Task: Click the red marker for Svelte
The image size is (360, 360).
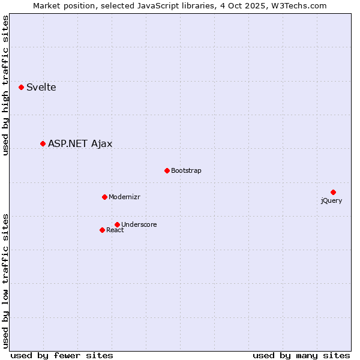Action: click(22, 87)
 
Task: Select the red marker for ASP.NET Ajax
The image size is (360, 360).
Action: click(43, 143)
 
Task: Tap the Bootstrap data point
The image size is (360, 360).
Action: click(167, 170)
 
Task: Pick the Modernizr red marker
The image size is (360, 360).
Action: click(104, 197)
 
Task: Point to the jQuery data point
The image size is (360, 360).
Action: click(333, 192)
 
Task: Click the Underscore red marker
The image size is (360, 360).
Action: click(117, 224)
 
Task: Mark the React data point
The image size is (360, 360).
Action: click(102, 230)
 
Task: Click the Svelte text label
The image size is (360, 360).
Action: click(41, 88)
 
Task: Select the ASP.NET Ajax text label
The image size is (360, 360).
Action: click(80, 144)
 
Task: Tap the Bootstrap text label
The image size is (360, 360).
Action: click(186, 171)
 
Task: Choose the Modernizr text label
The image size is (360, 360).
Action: click(124, 197)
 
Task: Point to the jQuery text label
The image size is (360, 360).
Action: click(331, 201)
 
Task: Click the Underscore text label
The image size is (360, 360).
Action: click(139, 225)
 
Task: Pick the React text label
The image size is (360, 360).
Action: click(115, 230)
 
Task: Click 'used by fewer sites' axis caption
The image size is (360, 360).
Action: click(62, 355)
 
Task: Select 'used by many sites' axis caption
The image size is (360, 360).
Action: click(301, 355)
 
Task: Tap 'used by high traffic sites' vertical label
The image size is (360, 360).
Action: click(6, 85)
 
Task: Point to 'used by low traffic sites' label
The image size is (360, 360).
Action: click(6, 281)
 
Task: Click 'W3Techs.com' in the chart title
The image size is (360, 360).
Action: click(301, 6)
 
